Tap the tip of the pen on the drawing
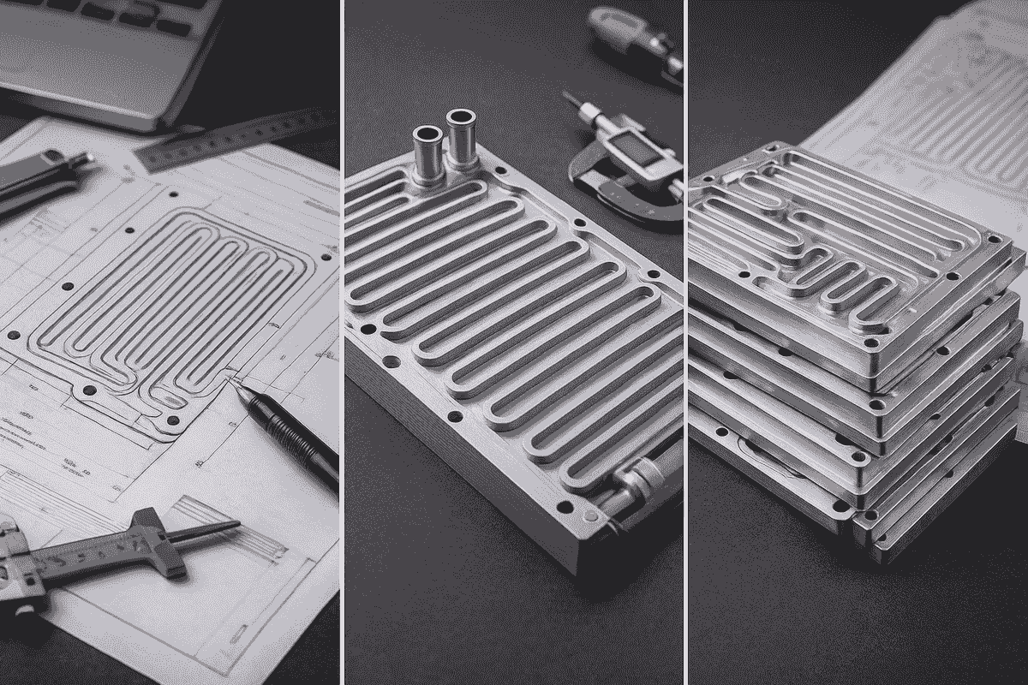[x=231, y=381]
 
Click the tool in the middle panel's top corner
[x=634, y=39]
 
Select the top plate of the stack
[x=848, y=257]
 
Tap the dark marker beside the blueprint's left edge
[x=43, y=176]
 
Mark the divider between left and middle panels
[x=342, y=342]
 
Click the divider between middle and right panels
[x=686, y=342]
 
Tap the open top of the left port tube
[x=427, y=134]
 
